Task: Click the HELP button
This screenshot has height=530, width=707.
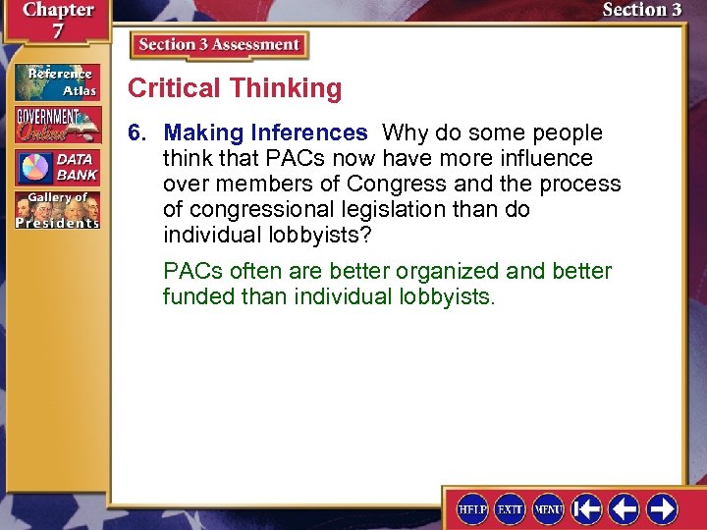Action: click(472, 508)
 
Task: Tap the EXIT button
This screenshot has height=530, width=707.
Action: click(510, 508)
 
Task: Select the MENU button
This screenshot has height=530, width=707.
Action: click(547, 508)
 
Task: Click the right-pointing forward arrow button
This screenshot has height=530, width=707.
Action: click(661, 508)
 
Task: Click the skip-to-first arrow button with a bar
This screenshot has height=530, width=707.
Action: click(586, 508)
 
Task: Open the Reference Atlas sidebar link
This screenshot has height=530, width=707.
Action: click(57, 82)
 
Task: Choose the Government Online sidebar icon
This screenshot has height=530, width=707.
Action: click(57, 124)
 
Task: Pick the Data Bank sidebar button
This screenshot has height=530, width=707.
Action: click(57, 166)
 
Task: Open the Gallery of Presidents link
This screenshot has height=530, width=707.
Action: click(57, 209)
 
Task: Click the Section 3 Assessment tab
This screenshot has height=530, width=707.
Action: click(219, 45)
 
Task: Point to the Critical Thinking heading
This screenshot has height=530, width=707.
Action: click(235, 88)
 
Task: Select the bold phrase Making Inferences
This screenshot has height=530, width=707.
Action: click(265, 132)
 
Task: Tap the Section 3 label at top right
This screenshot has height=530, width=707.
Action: click(641, 10)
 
